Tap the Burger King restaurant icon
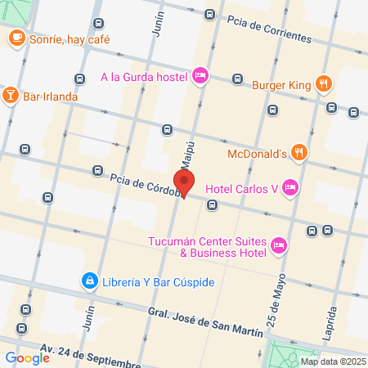[325, 82]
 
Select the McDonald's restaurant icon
[300, 151]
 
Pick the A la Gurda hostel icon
[201, 77]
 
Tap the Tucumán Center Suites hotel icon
[279, 245]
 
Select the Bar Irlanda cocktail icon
[10, 96]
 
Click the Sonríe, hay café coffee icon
[16, 38]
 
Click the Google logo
[27, 357]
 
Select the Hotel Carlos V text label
[242, 188]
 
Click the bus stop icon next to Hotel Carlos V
[212, 204]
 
